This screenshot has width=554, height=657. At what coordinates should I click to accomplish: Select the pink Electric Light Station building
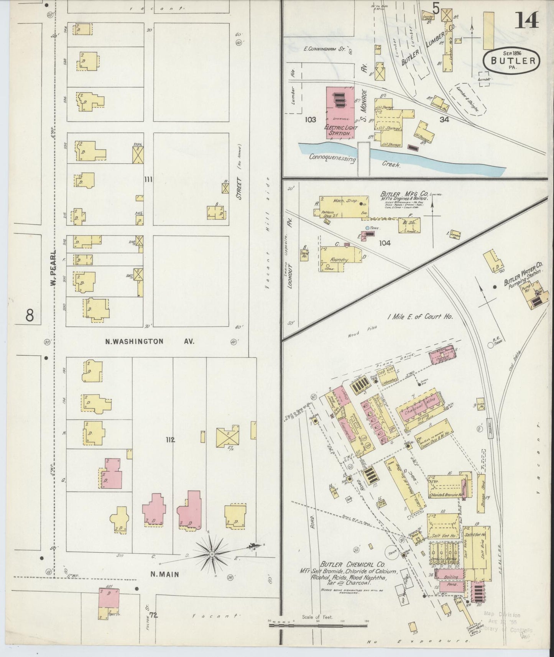click(x=340, y=113)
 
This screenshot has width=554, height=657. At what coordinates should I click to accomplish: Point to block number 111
click(x=148, y=179)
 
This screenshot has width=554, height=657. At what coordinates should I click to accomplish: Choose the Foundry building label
click(x=339, y=260)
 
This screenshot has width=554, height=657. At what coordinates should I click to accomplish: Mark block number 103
click(x=310, y=120)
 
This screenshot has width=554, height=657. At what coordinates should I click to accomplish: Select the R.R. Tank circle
click(x=490, y=345)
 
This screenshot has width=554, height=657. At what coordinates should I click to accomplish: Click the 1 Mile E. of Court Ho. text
click(x=420, y=317)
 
